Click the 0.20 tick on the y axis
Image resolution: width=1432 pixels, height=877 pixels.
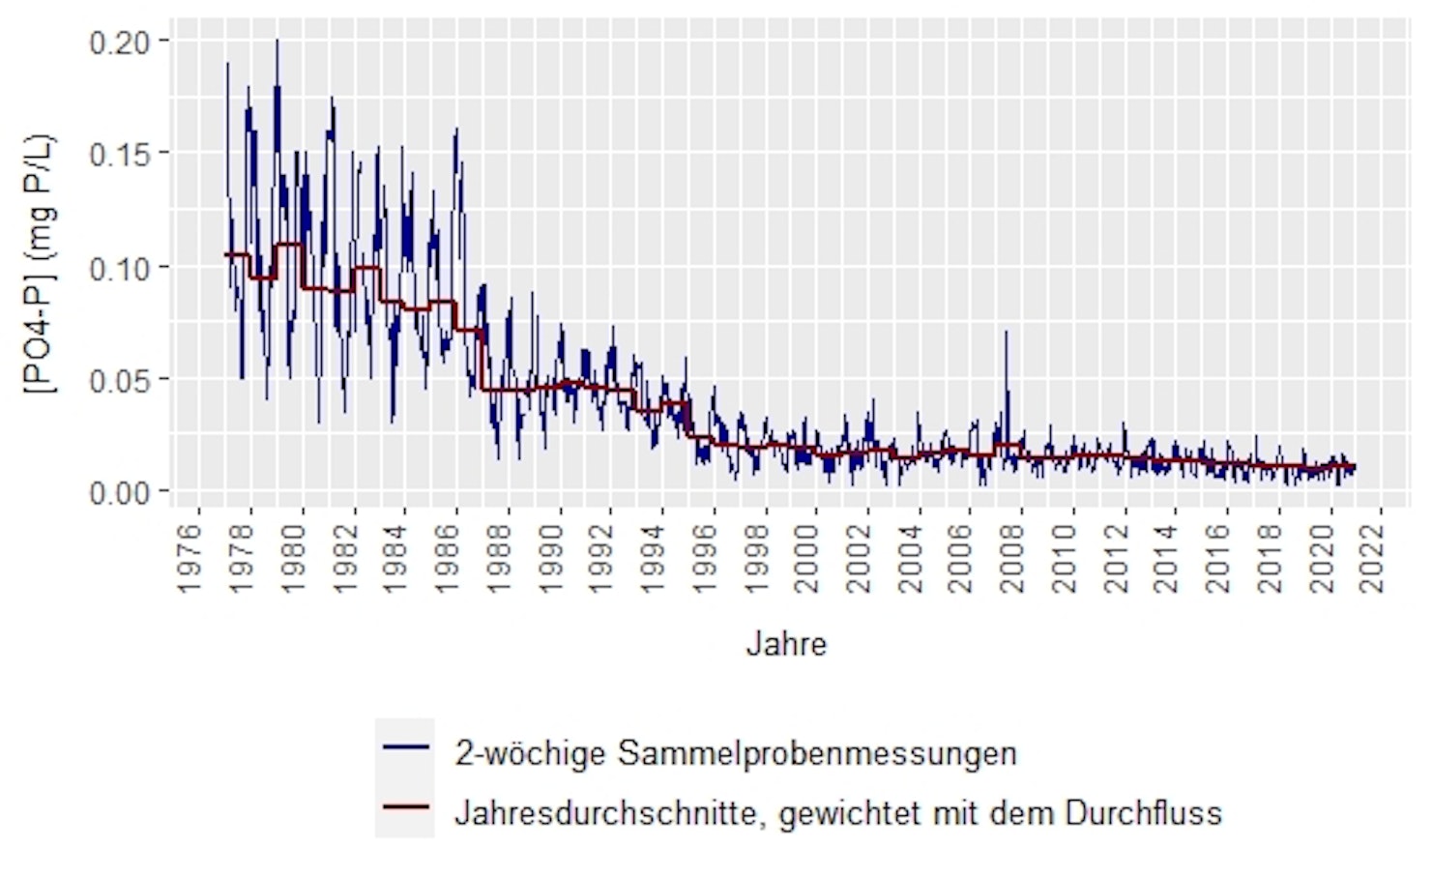point(120,42)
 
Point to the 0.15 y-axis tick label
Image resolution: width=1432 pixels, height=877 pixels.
point(120,155)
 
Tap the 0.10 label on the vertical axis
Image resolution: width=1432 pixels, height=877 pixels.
point(120,268)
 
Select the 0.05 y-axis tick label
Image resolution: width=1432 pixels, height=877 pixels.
point(120,380)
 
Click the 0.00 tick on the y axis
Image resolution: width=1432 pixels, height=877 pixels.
point(120,493)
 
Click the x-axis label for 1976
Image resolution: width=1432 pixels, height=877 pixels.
point(190,559)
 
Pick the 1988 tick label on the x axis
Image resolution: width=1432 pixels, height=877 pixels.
point(499,559)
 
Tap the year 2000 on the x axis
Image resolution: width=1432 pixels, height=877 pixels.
point(806,559)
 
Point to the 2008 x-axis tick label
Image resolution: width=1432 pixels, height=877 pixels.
point(1012,559)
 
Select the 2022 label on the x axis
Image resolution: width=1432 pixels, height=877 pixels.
point(1372,559)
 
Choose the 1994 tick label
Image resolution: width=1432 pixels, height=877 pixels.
point(653,559)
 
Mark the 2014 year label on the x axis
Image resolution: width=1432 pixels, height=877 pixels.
point(1166,559)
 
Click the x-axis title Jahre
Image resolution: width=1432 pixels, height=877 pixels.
point(786,644)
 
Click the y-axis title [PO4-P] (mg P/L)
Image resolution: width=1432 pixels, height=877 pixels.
point(41,264)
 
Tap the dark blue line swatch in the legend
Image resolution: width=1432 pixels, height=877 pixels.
point(405,747)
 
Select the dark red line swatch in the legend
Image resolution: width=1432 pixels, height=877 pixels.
point(405,807)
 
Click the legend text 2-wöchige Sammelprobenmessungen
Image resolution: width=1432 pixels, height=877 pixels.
point(736,753)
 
